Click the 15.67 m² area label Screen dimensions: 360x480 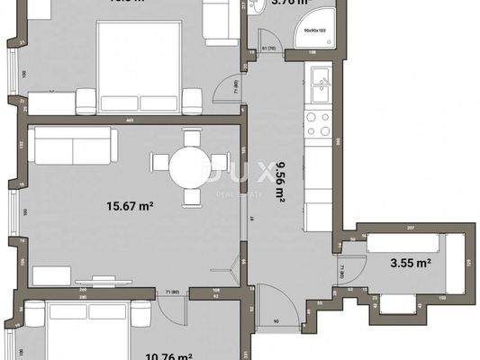pyautogui.click(x=127, y=206)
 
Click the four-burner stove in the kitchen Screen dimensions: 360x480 pyautogui.click(x=320, y=126)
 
